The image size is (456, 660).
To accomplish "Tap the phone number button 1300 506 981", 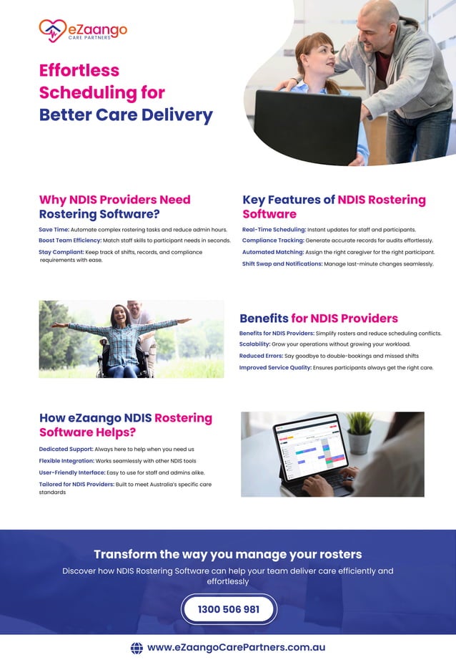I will click(x=229, y=609).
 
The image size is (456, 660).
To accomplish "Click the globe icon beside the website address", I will click(x=137, y=647).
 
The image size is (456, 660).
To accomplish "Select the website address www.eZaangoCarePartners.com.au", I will click(x=236, y=647).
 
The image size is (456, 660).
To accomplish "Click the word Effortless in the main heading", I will click(x=79, y=70).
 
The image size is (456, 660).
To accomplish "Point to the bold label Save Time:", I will click(x=54, y=229).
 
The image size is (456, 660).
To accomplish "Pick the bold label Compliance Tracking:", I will click(x=273, y=241).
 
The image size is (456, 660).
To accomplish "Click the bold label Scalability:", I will click(x=254, y=344).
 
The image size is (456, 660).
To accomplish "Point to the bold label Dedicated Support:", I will click(x=66, y=449).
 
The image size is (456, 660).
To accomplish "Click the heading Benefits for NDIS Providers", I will click(x=319, y=319).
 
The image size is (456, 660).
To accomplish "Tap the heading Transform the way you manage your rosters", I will click(x=228, y=554).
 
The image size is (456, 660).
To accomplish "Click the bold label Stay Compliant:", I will click(x=61, y=252).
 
